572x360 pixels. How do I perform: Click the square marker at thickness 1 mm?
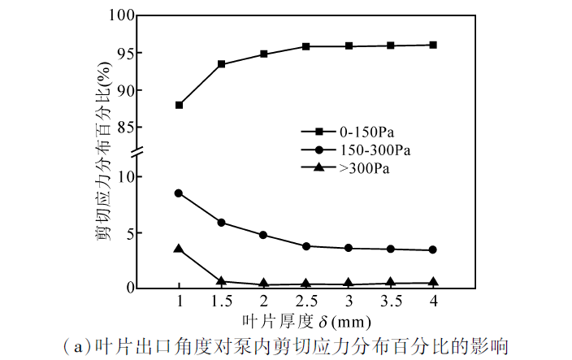click(179, 105)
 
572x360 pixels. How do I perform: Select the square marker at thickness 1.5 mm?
click(221, 63)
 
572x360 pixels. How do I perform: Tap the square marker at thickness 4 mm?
click(433, 45)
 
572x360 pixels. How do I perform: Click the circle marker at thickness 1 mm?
click(179, 193)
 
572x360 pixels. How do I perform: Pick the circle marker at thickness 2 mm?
click(263, 235)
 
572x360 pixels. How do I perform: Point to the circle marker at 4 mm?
click(433, 249)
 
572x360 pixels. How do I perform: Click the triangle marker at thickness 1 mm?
click(179, 249)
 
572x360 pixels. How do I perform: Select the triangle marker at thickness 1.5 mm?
click(221, 280)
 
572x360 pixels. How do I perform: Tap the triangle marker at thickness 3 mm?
click(349, 283)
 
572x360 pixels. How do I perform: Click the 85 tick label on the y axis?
click(122, 128)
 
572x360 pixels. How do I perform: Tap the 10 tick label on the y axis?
click(122, 176)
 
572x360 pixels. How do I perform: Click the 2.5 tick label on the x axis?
click(305, 301)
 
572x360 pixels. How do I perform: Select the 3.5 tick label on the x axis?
click(391, 301)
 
